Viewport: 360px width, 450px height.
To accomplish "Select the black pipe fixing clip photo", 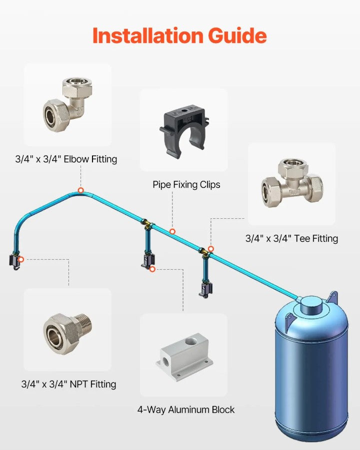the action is pyautogui.click(x=184, y=131).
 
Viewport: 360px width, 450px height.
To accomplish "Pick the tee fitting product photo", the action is pyautogui.click(x=292, y=182).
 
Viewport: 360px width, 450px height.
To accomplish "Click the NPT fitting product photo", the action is pyautogui.click(x=68, y=334).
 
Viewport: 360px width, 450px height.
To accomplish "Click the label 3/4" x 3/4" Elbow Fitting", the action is pyautogui.click(x=66, y=159).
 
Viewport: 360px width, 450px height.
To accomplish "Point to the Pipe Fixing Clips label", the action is pyautogui.click(x=186, y=184).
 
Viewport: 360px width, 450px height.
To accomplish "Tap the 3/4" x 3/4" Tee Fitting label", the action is pyautogui.click(x=291, y=239).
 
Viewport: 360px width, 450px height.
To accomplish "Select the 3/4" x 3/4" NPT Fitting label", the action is pyautogui.click(x=68, y=384).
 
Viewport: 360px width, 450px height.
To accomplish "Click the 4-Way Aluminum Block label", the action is pyautogui.click(x=186, y=410).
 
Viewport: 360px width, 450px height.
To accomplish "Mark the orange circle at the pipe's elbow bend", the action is pyautogui.click(x=81, y=190).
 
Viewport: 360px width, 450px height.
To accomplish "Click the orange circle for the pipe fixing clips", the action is pyautogui.click(x=172, y=231).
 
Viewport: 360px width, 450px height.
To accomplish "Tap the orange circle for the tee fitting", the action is pyautogui.click(x=211, y=249).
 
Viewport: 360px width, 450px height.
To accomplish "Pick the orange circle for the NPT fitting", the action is pyautogui.click(x=21, y=259).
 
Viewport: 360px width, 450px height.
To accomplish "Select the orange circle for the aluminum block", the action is pyautogui.click(x=152, y=269).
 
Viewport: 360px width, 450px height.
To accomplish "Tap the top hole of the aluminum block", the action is pyautogui.click(x=189, y=342).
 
